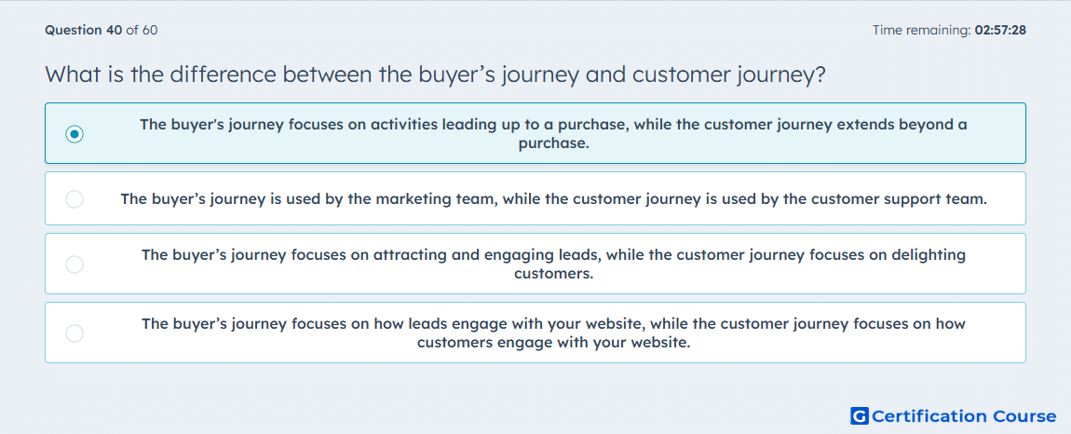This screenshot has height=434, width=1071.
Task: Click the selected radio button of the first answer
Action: pos(75,134)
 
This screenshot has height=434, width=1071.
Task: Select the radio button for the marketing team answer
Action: pos(75,199)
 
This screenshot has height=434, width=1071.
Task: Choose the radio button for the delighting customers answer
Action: pos(75,264)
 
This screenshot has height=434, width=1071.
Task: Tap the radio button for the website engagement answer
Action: pos(75,332)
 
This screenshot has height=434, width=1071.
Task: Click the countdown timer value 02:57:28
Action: pos(1000,30)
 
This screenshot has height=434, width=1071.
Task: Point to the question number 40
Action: pos(115,30)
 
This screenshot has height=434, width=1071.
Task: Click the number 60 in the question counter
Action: pos(150,30)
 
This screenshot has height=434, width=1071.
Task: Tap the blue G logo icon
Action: pos(860,415)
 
